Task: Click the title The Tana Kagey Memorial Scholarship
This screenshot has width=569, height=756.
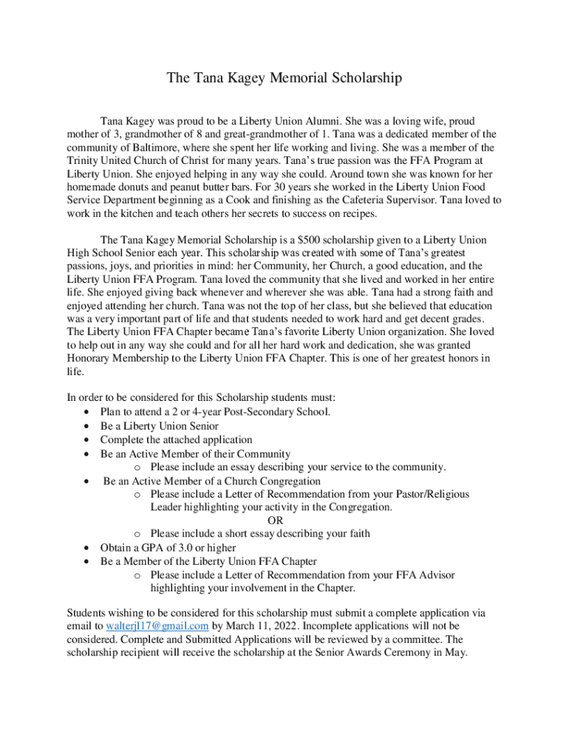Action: [284, 78]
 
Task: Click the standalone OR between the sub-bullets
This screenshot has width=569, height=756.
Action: [275, 520]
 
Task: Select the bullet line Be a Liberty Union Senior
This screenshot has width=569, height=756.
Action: [159, 426]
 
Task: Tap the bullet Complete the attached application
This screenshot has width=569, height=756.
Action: [176, 439]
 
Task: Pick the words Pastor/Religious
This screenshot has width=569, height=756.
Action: [429, 494]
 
